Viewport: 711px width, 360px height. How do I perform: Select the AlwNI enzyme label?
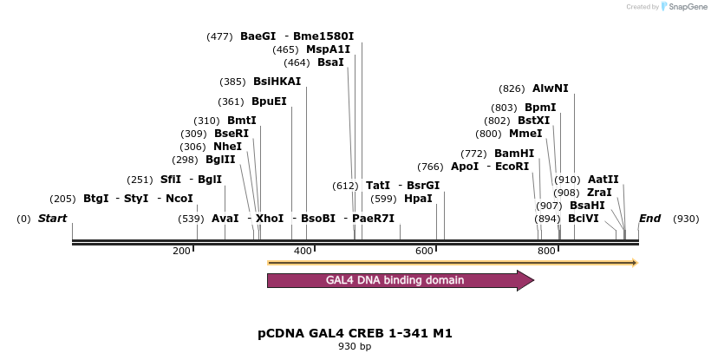click(551, 88)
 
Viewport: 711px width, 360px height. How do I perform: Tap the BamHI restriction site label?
click(514, 154)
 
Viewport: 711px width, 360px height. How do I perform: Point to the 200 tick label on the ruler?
click(181, 251)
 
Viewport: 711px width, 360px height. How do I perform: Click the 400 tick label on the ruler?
click(303, 251)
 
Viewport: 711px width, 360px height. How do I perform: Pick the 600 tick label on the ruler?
click(425, 251)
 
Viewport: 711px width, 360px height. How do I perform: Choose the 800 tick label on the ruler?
click(547, 251)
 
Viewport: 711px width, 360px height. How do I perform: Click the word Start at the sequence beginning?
click(53, 219)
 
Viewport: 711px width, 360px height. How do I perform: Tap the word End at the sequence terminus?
click(649, 219)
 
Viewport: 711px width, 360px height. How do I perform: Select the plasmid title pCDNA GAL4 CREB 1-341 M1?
click(355, 333)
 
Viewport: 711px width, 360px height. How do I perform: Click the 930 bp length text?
click(355, 347)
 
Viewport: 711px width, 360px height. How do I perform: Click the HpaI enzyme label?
click(418, 199)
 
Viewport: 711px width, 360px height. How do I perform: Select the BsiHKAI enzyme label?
click(277, 82)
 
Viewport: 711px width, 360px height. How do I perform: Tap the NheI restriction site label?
click(227, 147)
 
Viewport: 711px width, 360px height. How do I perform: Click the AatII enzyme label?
click(603, 180)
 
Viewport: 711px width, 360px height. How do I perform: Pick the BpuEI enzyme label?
click(269, 101)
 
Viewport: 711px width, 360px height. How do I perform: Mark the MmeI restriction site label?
click(525, 134)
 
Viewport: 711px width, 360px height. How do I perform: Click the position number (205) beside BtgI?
click(62, 199)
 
